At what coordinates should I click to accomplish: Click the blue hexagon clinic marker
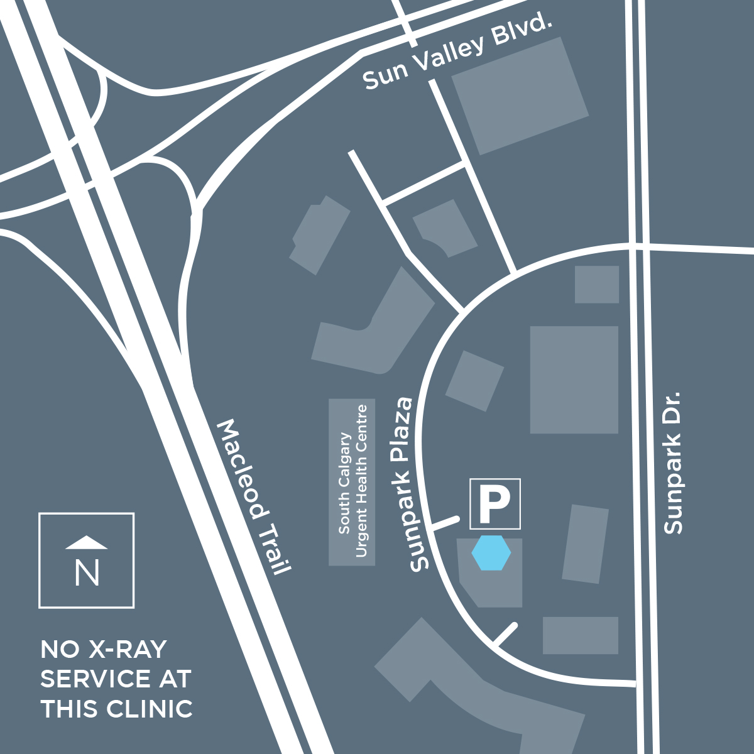(491, 553)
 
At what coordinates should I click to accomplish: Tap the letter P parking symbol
(494, 504)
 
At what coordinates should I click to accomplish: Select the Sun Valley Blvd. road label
(457, 53)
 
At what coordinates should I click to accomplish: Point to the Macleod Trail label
(254, 496)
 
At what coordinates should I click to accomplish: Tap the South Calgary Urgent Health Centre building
(352, 482)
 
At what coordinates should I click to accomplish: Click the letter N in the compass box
(87, 572)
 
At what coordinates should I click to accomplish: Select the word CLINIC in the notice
(150, 709)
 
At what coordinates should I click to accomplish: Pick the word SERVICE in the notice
(95, 679)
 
